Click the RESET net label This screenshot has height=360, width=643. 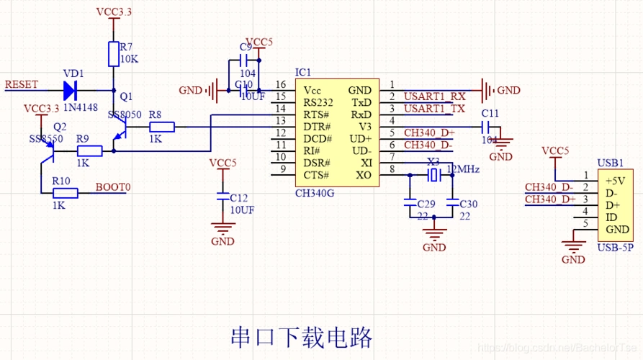point(22,84)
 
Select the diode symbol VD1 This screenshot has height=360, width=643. point(71,91)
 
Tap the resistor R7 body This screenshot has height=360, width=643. point(113,54)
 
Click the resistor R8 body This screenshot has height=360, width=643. point(161,127)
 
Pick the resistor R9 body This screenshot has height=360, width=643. point(89,150)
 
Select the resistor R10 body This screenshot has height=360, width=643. point(65,192)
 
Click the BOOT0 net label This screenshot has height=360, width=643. point(113,187)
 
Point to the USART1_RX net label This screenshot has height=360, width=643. point(434,96)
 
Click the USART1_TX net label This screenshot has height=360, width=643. point(433,108)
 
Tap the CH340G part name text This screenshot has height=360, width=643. point(315,192)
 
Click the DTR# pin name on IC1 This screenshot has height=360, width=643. point(317,127)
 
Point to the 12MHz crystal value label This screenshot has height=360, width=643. point(463,169)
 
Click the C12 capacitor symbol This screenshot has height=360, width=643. point(223,194)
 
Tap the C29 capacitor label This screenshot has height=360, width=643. point(426,204)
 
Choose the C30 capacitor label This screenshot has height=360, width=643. point(468,204)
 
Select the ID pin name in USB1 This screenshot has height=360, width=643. point(612,217)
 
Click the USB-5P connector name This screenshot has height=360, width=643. point(615,248)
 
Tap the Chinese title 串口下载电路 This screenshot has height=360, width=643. point(301,336)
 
